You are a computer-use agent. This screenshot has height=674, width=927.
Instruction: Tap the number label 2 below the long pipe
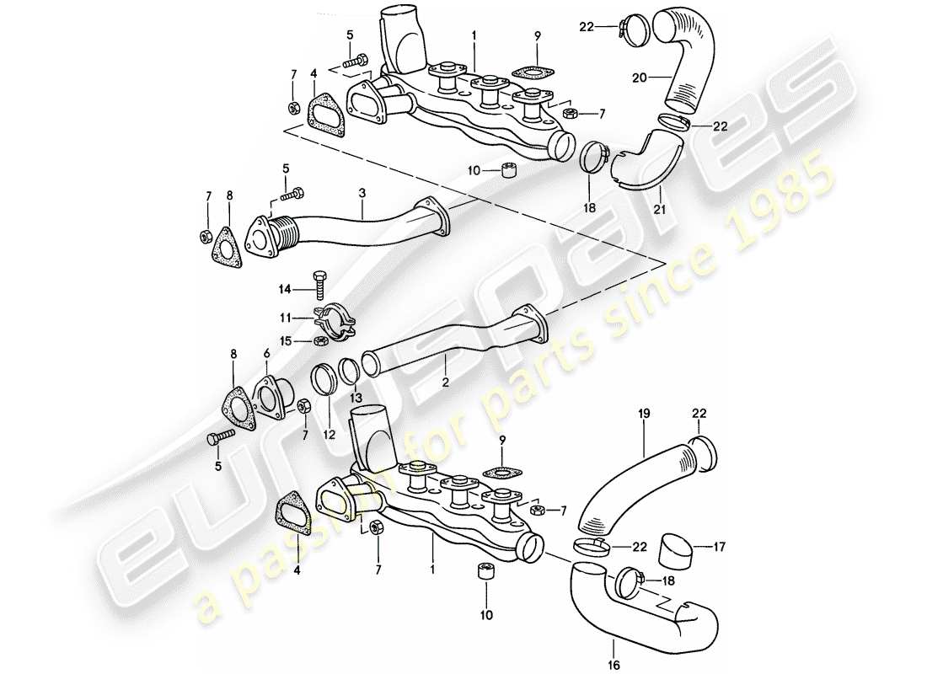click(x=445, y=381)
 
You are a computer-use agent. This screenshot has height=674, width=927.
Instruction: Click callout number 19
click(x=645, y=415)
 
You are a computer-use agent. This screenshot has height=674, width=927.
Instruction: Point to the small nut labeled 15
click(x=319, y=340)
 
